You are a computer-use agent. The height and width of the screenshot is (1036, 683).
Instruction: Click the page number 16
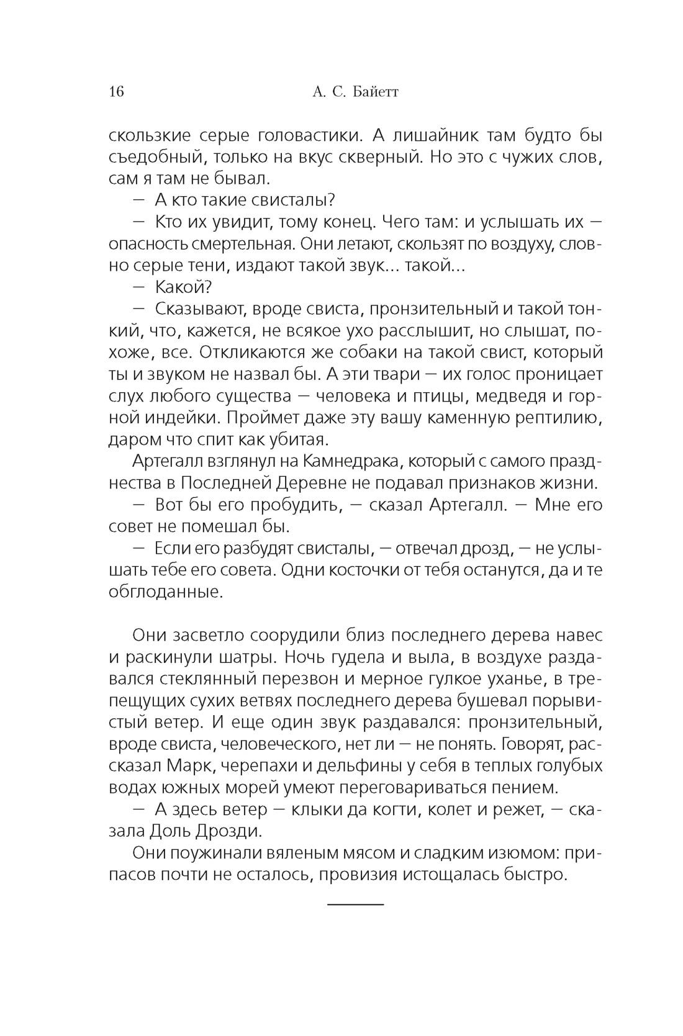pyautogui.click(x=116, y=92)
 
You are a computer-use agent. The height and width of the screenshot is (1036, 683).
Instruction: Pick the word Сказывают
pyautogui.click(x=199, y=309)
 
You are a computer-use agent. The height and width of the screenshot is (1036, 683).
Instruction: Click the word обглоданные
pyautogui.click(x=165, y=592)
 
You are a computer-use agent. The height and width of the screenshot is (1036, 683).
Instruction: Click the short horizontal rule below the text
pyautogui.click(x=355, y=904)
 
